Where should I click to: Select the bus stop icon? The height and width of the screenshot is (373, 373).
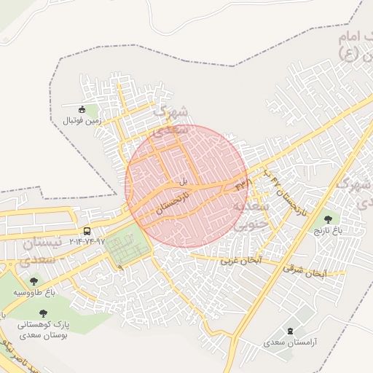pyautogui.click(x=87, y=232)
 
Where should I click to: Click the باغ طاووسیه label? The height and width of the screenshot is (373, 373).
pyautogui.click(x=34, y=292)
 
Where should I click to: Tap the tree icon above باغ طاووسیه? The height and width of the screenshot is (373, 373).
pyautogui.click(x=34, y=281)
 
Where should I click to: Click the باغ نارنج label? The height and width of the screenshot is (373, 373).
pyautogui.click(x=328, y=230)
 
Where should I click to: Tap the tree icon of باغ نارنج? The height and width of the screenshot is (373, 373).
pyautogui.click(x=328, y=218)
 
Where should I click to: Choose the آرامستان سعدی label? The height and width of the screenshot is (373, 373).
pyautogui.click(x=291, y=342)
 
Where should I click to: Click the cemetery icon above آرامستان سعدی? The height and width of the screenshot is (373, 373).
pyautogui.click(x=292, y=331)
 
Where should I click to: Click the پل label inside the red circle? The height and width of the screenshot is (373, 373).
pyautogui.click(x=184, y=180)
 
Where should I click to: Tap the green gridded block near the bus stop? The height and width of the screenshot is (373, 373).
pyautogui.click(x=126, y=248)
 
